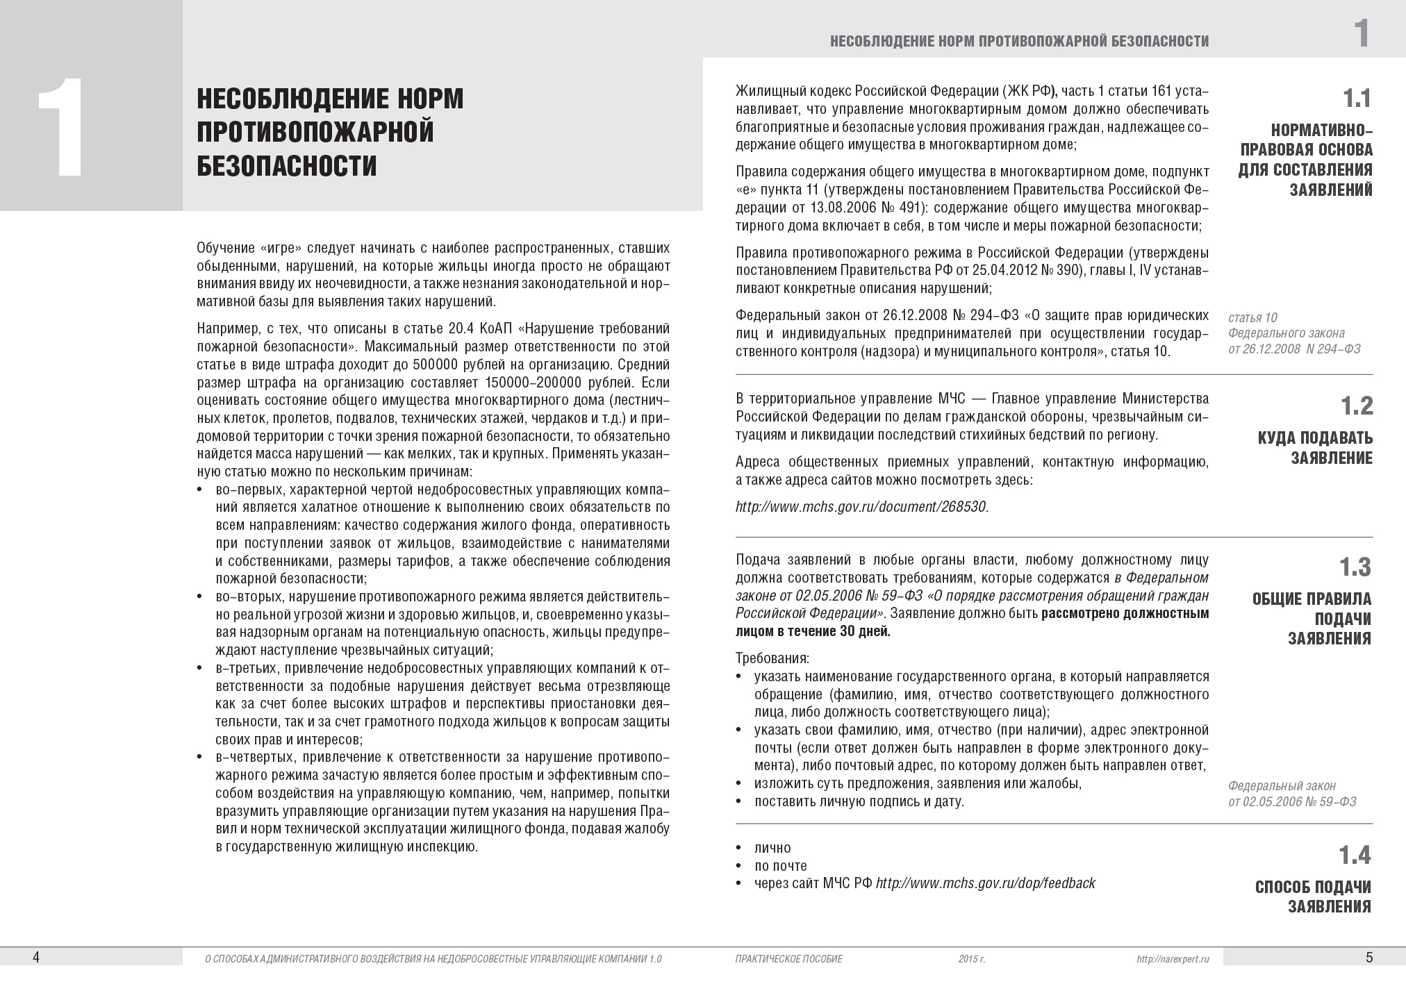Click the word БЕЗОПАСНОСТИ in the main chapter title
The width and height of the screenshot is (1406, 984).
pos(286,166)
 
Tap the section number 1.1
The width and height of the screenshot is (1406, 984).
pos(1357,99)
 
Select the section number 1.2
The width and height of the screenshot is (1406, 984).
pos(1357,406)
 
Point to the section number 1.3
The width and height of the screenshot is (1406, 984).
pos(1355,567)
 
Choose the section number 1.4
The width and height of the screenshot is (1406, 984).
pos(1355,855)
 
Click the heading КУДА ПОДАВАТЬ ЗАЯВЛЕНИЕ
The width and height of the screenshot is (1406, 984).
pos(1315,448)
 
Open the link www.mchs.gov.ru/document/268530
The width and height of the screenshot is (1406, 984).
pos(861,506)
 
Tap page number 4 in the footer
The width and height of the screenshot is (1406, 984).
pos(36,958)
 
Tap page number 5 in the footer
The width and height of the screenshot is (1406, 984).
pos(1369,958)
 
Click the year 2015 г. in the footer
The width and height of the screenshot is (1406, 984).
pos(972,959)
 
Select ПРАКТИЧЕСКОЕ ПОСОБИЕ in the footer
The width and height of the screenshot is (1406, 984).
pos(788,959)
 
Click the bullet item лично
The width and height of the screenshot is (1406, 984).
pos(772,848)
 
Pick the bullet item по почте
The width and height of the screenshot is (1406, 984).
pos(781,866)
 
